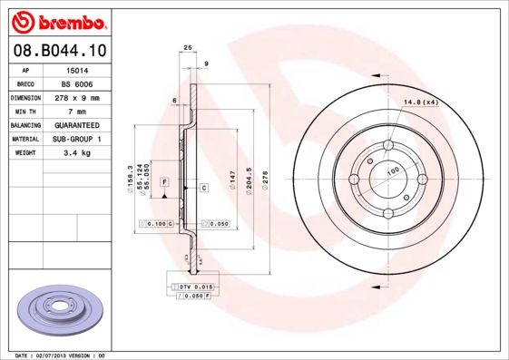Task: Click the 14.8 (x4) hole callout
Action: pyautogui.click(x=419, y=102)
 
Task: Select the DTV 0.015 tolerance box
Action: pyautogui.click(x=194, y=287)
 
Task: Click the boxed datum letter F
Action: pyautogui.click(x=165, y=182)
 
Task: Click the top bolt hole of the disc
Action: pyautogui.click(x=388, y=145)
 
